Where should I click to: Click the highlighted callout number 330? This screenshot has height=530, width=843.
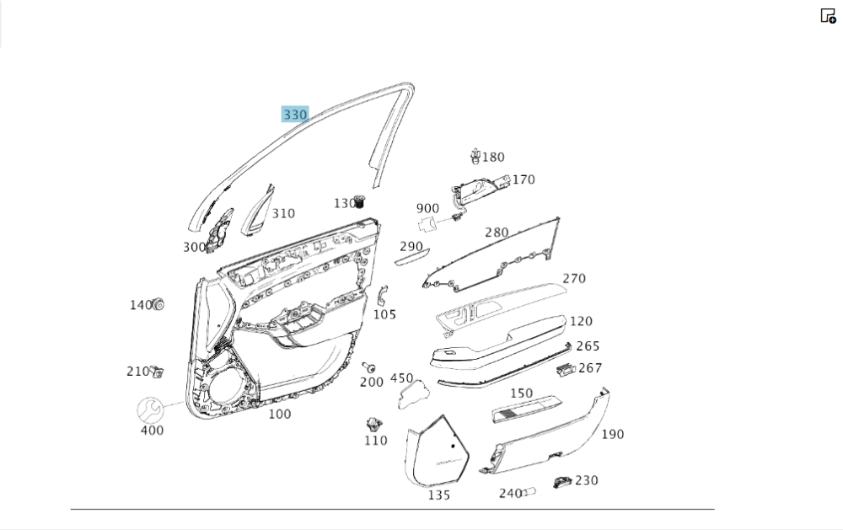coord(295,115)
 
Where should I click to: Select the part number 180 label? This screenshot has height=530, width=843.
coord(493,157)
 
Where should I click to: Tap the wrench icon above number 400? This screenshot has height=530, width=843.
coord(151,410)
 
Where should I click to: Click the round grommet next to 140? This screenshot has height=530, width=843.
coord(157,304)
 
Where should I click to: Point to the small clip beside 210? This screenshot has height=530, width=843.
coord(157,372)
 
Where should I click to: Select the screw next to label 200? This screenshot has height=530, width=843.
coord(368,367)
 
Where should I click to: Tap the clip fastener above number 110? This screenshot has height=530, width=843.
coord(374,424)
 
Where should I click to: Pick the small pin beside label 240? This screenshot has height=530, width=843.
coord(531,492)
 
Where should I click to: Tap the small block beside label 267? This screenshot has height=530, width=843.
coord(566,369)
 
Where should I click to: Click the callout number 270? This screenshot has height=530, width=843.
coord(574,279)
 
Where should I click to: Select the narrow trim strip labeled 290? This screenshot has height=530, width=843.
coord(412,257)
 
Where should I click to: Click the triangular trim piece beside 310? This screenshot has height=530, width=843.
coord(256,211)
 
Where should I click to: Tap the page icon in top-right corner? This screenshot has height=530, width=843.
coord(828,15)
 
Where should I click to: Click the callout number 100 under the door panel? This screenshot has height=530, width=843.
coord(280,414)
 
